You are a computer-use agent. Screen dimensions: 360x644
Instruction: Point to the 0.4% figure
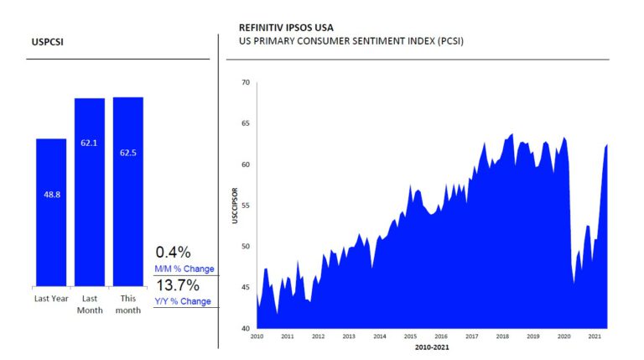pos(174,252)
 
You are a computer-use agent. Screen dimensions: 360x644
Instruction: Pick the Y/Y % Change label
pos(183,301)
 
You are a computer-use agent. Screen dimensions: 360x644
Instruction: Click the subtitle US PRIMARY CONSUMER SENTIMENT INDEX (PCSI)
pos(351,41)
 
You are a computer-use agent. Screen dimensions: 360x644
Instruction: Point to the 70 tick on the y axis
pos(245,82)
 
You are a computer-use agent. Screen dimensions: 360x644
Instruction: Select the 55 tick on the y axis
pos(245,206)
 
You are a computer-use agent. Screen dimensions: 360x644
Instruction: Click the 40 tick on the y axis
pos(245,328)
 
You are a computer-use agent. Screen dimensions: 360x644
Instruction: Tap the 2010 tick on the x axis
pos(257,337)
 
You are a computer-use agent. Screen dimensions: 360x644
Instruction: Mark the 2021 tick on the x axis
pos(595,337)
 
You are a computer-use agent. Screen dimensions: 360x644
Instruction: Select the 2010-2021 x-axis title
pos(431,347)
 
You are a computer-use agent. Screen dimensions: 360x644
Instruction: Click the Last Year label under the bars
pos(50,299)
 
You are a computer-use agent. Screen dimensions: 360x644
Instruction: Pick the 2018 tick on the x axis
pos(502,337)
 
